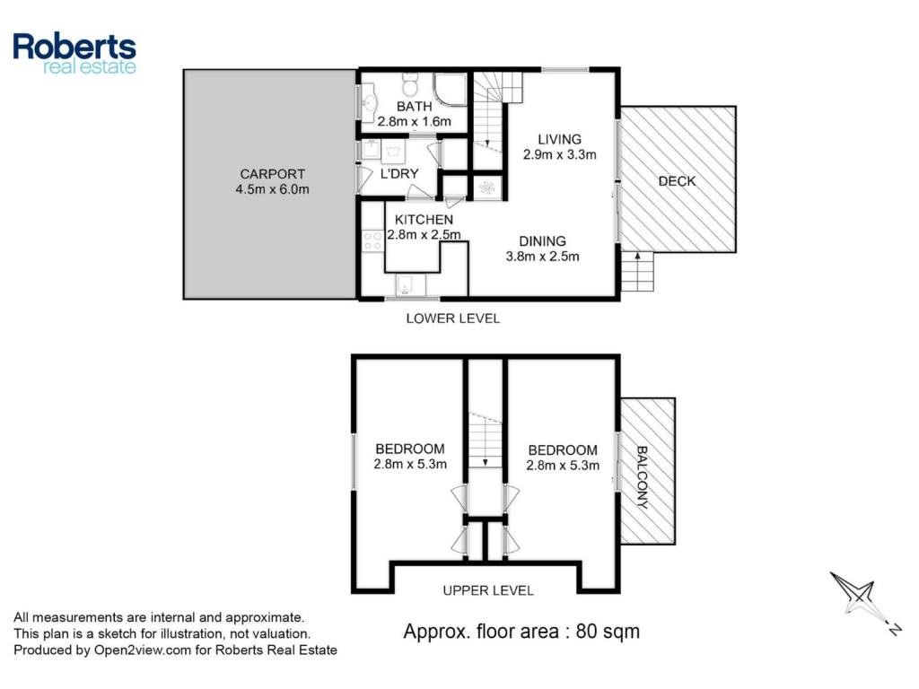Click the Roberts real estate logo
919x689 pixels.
point(74,53)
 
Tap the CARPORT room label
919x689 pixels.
point(273,174)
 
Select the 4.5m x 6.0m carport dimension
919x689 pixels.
point(272,189)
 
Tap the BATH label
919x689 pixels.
point(415,107)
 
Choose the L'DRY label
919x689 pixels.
point(399,174)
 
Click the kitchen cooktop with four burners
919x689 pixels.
point(372,240)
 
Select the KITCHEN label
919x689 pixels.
point(424,220)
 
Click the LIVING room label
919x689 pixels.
point(560,139)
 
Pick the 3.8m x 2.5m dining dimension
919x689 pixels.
point(542,257)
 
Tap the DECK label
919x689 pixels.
point(677,181)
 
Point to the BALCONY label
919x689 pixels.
point(642,477)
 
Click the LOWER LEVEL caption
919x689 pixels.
point(453,318)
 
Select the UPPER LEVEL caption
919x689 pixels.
point(488,590)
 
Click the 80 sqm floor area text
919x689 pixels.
point(608,632)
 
